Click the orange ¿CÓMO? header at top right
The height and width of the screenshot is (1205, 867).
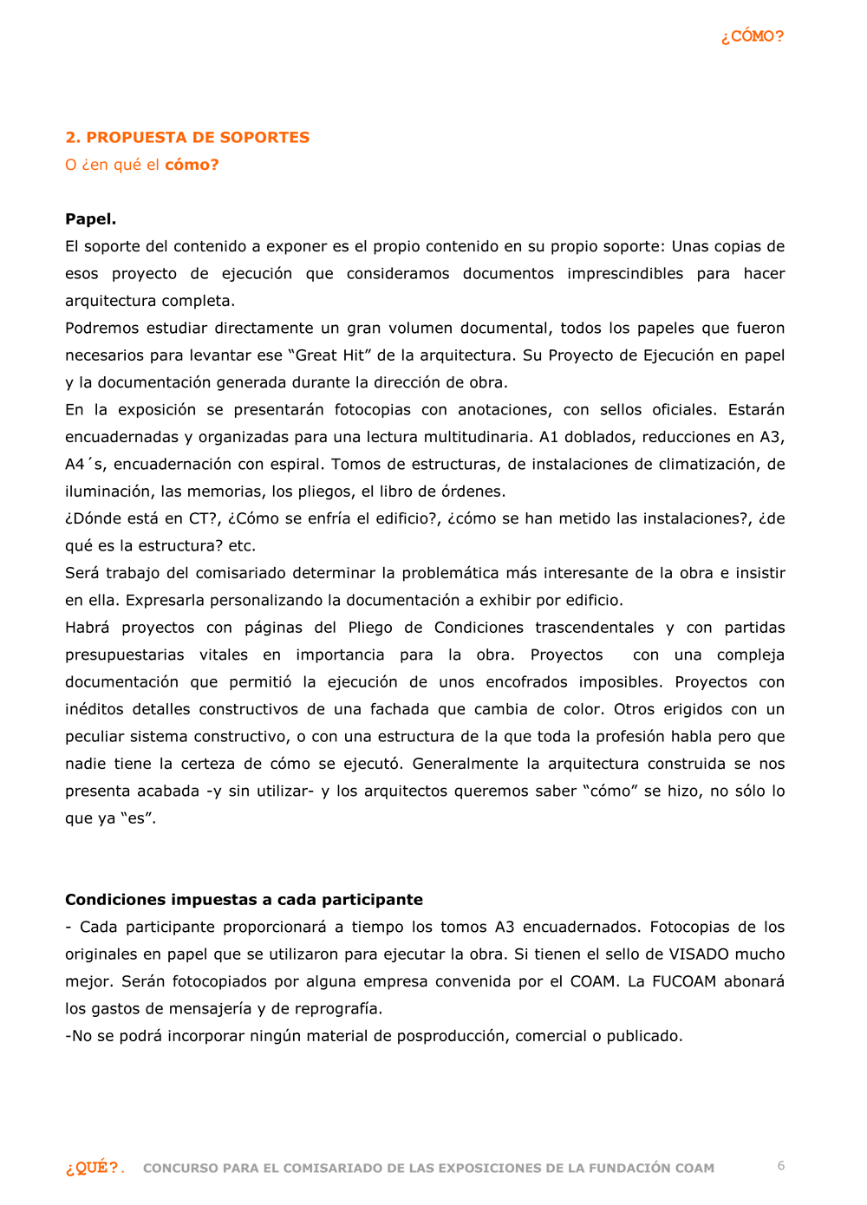tap(752, 36)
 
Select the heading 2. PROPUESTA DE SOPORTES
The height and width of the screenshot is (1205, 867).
tap(187, 137)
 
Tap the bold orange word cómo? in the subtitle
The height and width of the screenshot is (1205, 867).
tap(192, 165)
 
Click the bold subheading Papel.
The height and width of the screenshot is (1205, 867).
tap(90, 219)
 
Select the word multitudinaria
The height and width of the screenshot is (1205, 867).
tap(469, 437)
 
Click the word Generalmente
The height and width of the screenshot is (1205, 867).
tap(466, 764)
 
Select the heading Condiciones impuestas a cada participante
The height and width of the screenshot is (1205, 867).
tap(244, 900)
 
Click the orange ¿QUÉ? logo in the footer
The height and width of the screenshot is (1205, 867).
tap(95, 1168)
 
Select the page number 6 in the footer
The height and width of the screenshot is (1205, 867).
tap(781, 1166)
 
